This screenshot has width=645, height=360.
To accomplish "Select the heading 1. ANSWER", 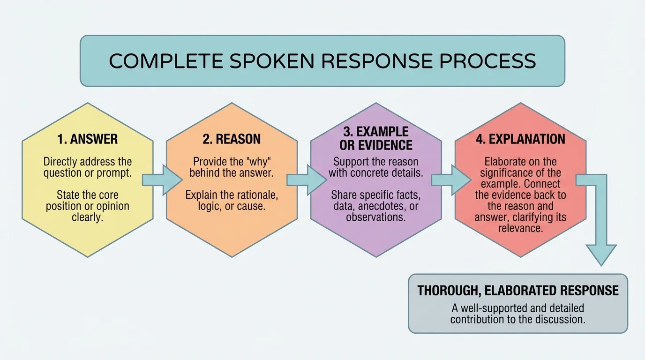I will (88, 139).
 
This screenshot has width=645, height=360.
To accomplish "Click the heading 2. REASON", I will (232, 139).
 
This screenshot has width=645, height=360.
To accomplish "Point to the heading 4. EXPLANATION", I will (520, 139).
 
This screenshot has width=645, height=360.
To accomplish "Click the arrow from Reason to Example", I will (305, 179).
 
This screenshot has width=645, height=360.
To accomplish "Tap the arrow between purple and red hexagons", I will (450, 179).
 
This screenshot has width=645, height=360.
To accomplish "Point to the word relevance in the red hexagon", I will (521, 228).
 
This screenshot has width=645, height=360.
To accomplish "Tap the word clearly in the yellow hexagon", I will (88, 217).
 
